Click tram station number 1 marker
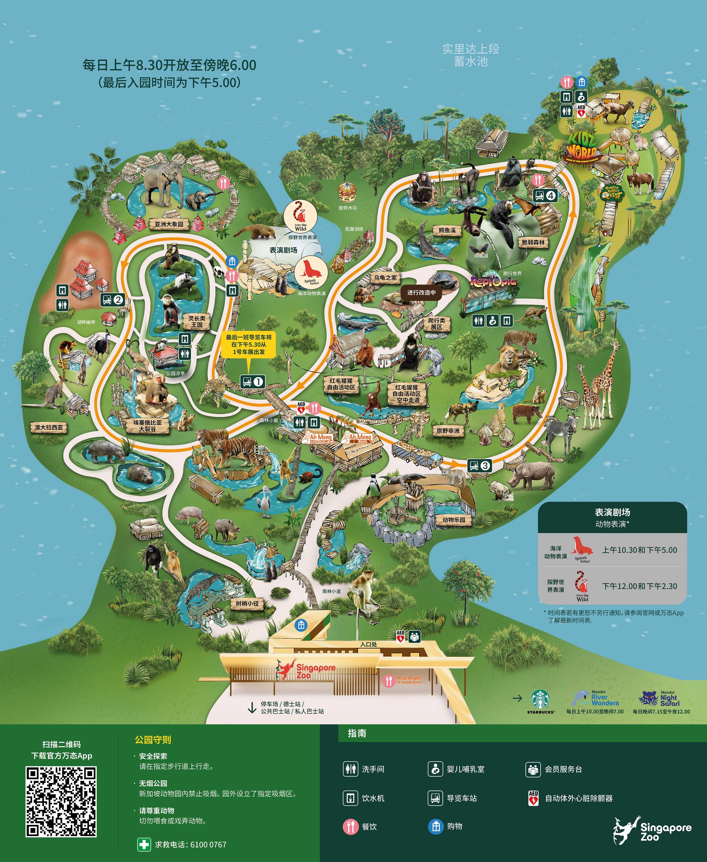(x=253, y=382)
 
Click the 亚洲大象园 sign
(x=169, y=224)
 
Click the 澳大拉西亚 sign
(x=48, y=427)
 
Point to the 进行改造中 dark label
(x=421, y=292)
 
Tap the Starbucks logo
(x=540, y=700)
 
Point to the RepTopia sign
(x=493, y=281)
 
